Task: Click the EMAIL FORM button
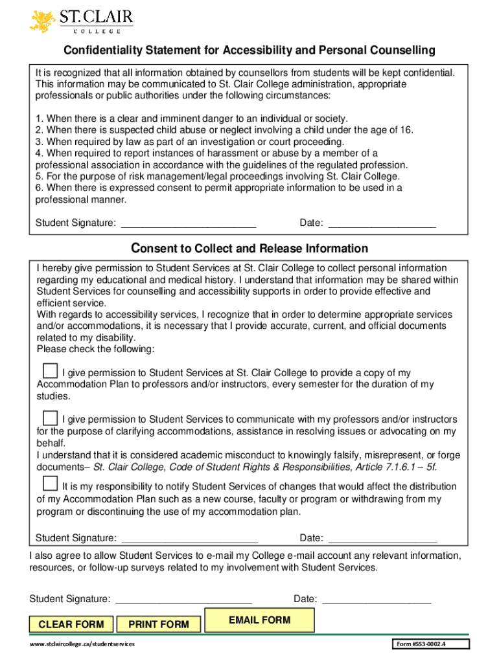(259, 620)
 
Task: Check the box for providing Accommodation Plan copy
(50, 370)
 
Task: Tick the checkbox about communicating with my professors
(50, 417)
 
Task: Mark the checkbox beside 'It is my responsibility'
(50, 484)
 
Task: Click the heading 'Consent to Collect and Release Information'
(250, 249)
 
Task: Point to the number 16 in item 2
(406, 130)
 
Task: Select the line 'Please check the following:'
(96, 350)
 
